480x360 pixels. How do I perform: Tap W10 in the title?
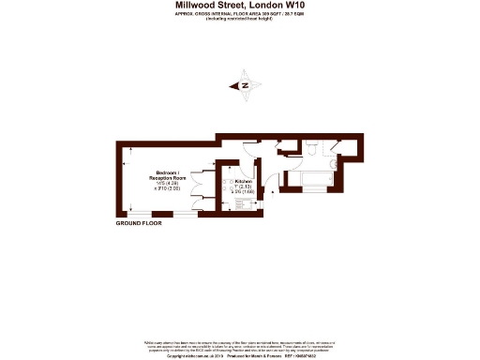(x=292, y=6)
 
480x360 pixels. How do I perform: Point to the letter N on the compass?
(x=245, y=86)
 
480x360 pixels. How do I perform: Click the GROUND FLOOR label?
(x=139, y=224)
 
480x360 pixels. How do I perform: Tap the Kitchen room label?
(x=243, y=180)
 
